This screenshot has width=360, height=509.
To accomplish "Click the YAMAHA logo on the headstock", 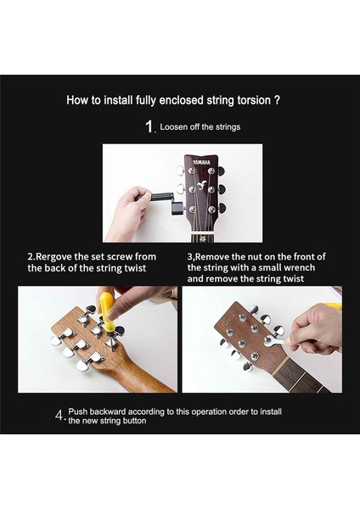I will click(x=200, y=163).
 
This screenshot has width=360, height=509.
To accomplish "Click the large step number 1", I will click(x=149, y=127).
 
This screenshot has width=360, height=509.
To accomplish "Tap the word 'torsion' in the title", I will click(x=252, y=100).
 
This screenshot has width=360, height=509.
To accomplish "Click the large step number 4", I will click(x=59, y=416).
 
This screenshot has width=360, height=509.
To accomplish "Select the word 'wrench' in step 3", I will click(x=295, y=267).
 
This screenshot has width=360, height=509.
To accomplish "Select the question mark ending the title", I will click(x=278, y=100).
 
